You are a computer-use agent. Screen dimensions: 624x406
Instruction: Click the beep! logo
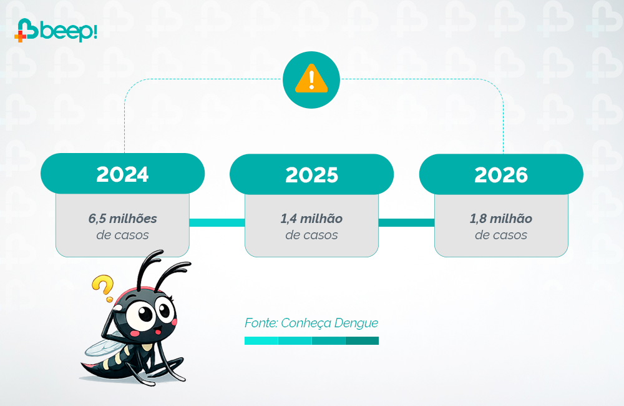coord(56,30)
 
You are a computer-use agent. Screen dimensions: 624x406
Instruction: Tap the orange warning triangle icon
coord(311,79)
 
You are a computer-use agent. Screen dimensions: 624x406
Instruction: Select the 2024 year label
coord(122,174)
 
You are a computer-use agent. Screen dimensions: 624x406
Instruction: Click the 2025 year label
coord(311,175)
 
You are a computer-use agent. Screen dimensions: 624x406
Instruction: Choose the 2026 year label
coord(501,175)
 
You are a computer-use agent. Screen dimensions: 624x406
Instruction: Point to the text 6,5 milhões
coord(122,219)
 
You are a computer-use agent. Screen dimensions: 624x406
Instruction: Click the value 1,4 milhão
coord(311,219)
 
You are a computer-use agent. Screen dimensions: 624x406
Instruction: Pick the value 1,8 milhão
coord(501,219)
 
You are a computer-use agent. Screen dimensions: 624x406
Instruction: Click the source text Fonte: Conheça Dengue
coord(311,323)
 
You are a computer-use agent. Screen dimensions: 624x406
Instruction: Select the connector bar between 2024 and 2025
coord(217,222)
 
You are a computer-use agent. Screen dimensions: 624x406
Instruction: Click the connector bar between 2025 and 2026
coord(406,222)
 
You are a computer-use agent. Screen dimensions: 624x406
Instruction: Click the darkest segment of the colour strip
coord(362,340)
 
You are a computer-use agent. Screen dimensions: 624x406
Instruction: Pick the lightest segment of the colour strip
coord(261,340)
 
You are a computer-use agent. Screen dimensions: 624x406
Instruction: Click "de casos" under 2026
coord(501,235)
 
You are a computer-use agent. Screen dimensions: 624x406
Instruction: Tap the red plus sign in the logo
coord(21,36)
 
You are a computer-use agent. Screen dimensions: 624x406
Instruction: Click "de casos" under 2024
coord(122,235)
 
